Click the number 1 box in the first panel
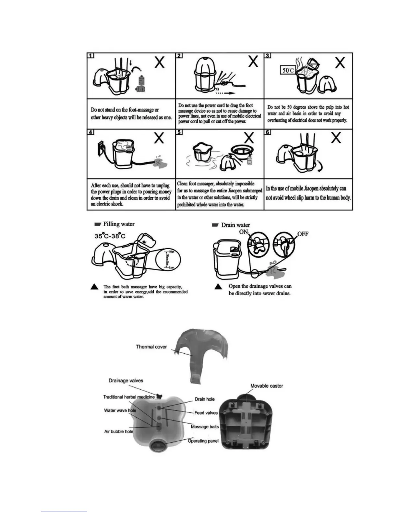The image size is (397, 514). point(91,55)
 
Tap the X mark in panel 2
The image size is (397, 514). point(253,62)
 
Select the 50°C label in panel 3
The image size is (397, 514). point(287,70)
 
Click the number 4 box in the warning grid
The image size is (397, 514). point(91,132)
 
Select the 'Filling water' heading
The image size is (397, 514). point(118,224)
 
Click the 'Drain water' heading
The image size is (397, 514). point(235,225)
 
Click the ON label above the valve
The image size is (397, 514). point(244,232)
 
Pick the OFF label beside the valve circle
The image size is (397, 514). point(303,234)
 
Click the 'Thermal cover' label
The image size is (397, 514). point(151,347)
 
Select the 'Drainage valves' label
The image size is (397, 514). point(126,380)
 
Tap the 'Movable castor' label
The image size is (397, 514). point(267,386)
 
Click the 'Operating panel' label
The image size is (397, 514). point(203,441)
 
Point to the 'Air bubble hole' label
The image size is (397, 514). point(119,432)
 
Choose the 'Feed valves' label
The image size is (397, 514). point(206,413)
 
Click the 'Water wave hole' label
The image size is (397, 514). point(120,410)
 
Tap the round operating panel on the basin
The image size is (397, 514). point(159,445)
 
